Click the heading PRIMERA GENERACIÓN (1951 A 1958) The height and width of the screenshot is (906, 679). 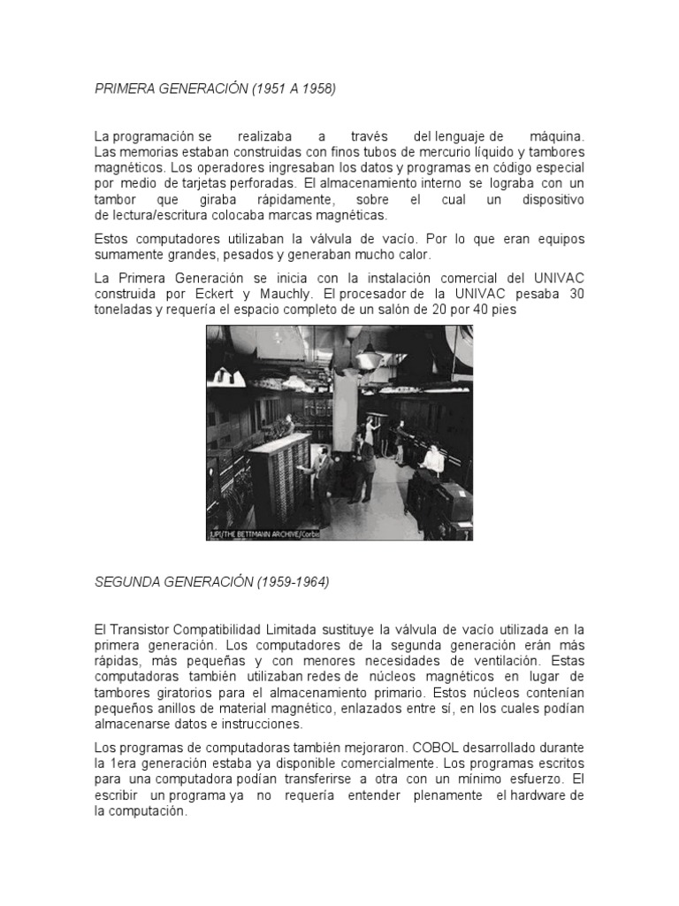[x=216, y=89]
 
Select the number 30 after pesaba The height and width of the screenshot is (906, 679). [x=576, y=294]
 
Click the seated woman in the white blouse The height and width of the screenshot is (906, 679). [x=432, y=457]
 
